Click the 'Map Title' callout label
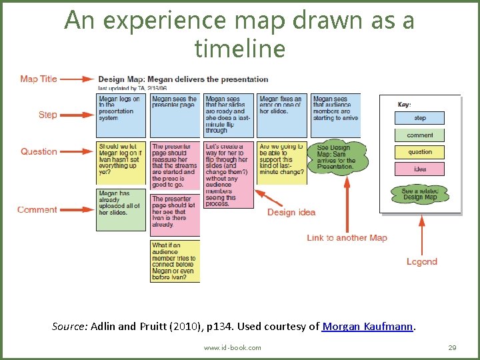tap(39, 79)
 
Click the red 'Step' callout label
tap(47, 115)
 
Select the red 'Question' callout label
tap(39, 151)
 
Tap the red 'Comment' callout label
tap(37, 209)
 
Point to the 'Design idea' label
tap(291, 212)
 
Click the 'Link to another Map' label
tap(347, 238)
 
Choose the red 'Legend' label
tap(422, 261)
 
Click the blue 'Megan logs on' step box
tap(121, 115)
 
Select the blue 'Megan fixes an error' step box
tap(282, 115)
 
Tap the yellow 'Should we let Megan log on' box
tap(121, 163)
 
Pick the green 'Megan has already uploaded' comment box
tap(121, 209)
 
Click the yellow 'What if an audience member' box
tap(175, 261)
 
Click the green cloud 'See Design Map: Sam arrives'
tap(337, 157)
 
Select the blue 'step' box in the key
tap(420, 118)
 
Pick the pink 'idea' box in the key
tap(420, 169)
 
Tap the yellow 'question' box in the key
tap(420, 152)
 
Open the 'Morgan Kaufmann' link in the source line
tap(368, 327)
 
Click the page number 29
tap(452, 347)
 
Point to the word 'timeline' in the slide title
tap(239, 48)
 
